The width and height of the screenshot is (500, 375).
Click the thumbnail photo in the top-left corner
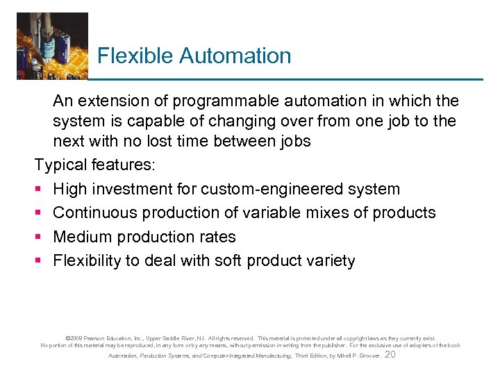(x=52, y=45)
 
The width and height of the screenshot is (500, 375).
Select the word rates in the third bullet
(x=217, y=237)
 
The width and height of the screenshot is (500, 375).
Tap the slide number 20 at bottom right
(x=390, y=355)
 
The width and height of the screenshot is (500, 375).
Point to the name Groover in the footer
(x=367, y=356)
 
